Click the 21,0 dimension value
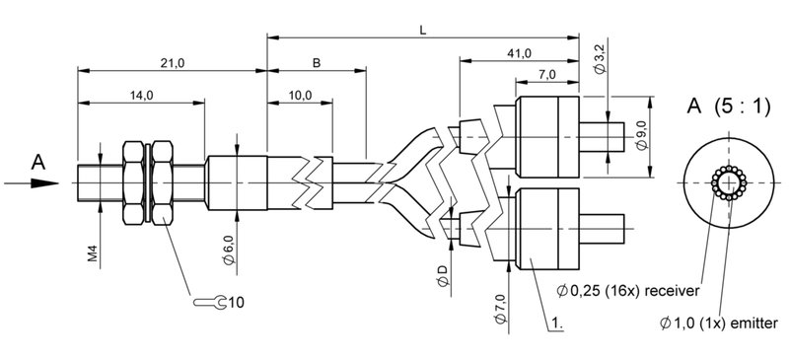[173, 63]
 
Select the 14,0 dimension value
[141, 95]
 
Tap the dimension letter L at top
[423, 30]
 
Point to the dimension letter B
[317, 63]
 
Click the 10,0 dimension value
[300, 95]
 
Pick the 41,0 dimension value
[520, 53]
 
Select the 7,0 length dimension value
[546, 75]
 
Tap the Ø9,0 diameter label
[641, 135]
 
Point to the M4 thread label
[93, 253]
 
